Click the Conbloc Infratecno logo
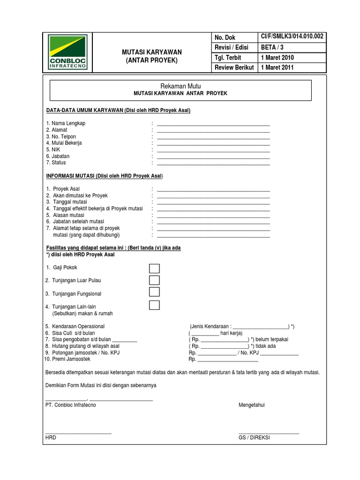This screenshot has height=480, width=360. point(67,52)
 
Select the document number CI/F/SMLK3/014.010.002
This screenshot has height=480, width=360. point(292,37)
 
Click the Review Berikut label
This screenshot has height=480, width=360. point(234,67)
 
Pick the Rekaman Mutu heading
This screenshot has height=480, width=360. point(180,86)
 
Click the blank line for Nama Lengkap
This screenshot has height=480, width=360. point(213,126)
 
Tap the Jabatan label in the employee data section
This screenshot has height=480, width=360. point(58,156)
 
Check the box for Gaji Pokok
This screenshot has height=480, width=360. point(154,269)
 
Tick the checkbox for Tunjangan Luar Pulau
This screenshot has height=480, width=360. point(154,280)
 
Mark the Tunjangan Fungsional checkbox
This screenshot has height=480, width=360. point(154,292)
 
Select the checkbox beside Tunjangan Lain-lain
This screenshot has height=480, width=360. point(154,306)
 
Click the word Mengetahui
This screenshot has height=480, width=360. point(252,405)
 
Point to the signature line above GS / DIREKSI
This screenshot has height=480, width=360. point(269,434)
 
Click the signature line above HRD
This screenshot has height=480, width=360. point(78,434)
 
